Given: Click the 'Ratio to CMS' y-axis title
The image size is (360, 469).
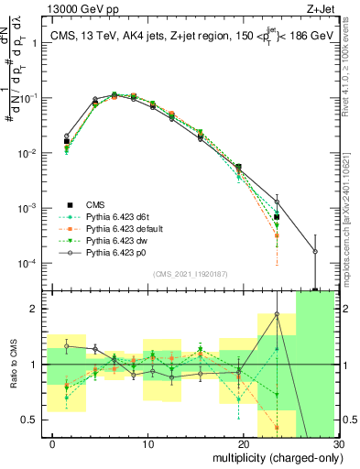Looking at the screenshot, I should pos(12,365).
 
